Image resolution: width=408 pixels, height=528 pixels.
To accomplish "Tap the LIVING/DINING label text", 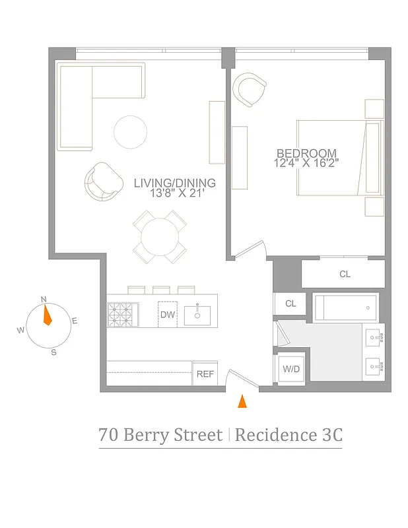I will pyautogui.click(x=174, y=183).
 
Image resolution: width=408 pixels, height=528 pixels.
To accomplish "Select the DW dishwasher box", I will pyautogui.click(x=168, y=314).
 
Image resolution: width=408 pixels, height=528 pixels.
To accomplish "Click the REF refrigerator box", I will pyautogui.click(x=205, y=374).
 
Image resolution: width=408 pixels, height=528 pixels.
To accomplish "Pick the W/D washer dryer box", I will pyautogui.click(x=291, y=369).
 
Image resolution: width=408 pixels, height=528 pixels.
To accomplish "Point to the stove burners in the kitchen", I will pyautogui.click(x=123, y=313).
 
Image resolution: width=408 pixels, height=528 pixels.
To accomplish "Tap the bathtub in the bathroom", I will pyautogui.click(x=346, y=308).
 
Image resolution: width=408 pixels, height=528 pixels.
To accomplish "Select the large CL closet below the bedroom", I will pyautogui.click(x=343, y=274).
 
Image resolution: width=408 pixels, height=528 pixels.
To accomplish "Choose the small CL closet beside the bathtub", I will pyautogui.click(x=290, y=304).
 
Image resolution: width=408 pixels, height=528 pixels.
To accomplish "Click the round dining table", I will pyautogui.click(x=159, y=236).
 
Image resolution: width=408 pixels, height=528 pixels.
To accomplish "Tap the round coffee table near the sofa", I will pyautogui.click(x=130, y=132).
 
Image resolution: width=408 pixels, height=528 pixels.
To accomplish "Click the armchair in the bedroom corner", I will pyautogui.click(x=250, y=89).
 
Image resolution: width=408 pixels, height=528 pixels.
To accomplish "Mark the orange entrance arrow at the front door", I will pyautogui.click(x=242, y=401).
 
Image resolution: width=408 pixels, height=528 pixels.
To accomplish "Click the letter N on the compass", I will pyautogui.click(x=44, y=299).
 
